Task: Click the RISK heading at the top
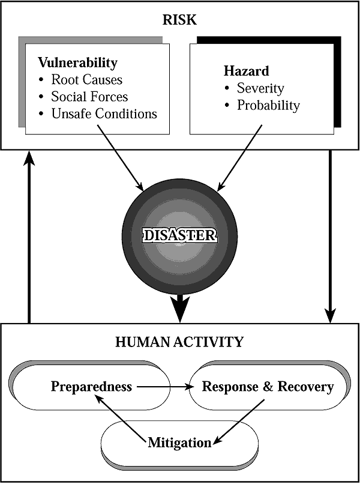(x=180, y=20)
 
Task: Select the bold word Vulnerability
(x=77, y=62)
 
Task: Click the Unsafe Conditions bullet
(x=104, y=113)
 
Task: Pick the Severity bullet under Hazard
(x=260, y=88)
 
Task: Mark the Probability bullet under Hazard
(x=268, y=106)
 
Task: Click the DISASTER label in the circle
(x=180, y=234)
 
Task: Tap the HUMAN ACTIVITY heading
(x=180, y=342)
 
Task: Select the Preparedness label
(x=91, y=386)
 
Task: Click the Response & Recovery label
(x=268, y=386)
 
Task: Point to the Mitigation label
(x=179, y=443)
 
